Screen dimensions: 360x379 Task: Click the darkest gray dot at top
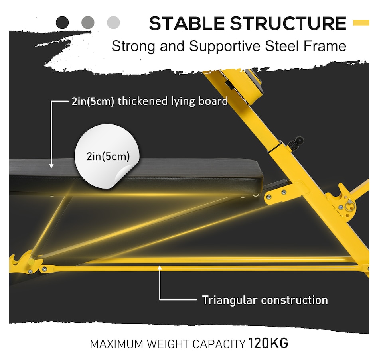tap(62, 22)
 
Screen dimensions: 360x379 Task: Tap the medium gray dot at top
tap(88, 22)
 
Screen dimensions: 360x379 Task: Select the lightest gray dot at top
tap(113, 22)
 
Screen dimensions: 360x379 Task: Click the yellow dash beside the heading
tap(361, 23)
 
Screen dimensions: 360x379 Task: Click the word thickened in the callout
tap(143, 101)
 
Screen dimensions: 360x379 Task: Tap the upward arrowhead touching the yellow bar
tap(160, 268)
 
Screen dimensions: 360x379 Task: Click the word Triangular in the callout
tap(229, 300)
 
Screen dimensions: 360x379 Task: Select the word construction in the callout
tap(294, 300)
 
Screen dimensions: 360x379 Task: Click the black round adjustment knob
tap(299, 140)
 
